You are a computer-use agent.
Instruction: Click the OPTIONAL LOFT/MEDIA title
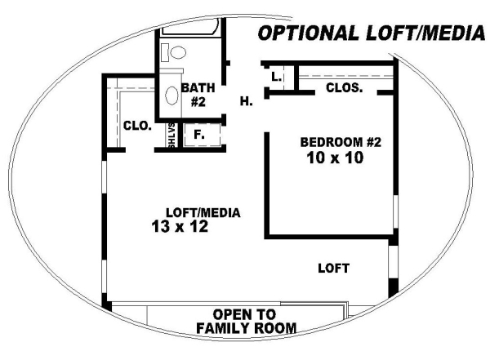click(372, 33)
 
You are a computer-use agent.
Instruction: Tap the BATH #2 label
click(198, 95)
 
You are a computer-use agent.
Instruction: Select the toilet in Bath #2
click(174, 52)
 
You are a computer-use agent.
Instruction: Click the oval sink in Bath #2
click(171, 96)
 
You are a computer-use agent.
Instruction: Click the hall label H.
click(247, 101)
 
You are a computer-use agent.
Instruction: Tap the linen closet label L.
click(277, 77)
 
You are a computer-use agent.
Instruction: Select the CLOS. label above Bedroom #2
click(344, 88)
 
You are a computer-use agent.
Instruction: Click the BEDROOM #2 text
click(341, 142)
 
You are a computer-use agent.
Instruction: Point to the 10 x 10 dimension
click(335, 158)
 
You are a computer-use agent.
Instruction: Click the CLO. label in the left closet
click(137, 126)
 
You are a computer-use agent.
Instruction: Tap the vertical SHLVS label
click(171, 136)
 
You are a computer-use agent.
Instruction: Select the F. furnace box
click(202, 135)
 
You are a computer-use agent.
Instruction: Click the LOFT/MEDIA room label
click(203, 213)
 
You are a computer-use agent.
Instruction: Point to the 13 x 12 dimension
click(180, 226)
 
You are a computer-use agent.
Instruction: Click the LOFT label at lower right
click(333, 268)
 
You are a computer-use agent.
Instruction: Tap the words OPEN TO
click(244, 314)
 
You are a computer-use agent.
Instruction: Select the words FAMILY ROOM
click(247, 328)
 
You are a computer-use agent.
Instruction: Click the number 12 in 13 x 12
click(198, 226)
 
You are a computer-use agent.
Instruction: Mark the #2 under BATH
click(198, 102)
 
